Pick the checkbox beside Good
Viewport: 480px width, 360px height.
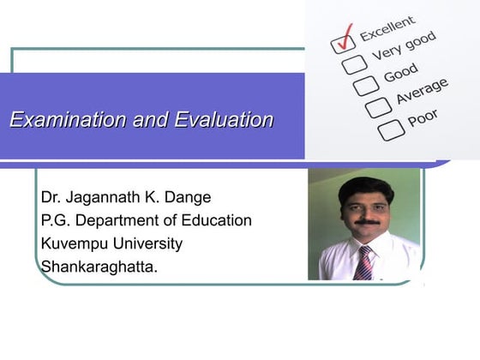pyautogui.click(x=365, y=86)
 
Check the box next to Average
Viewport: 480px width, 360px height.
pyautogui.click(x=377, y=108)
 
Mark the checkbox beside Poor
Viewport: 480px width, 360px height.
pyautogui.click(x=391, y=130)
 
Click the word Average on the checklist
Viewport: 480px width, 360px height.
pyautogui.click(x=421, y=91)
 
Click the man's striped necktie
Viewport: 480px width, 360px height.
pyautogui.click(x=364, y=263)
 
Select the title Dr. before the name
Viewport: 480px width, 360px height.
pyautogui.click(x=51, y=198)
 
